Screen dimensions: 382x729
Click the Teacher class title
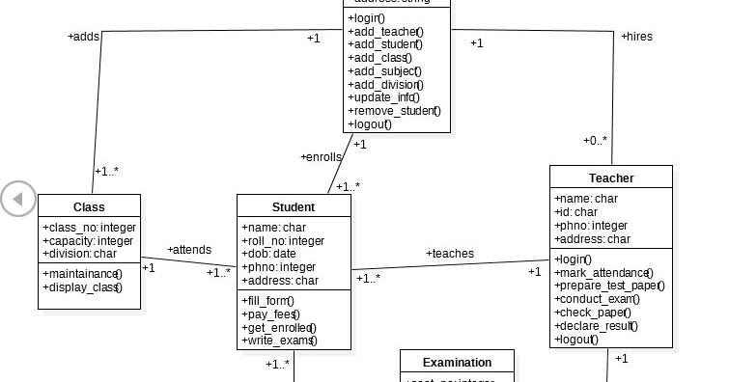tap(610, 177)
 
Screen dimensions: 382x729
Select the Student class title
tap(293, 206)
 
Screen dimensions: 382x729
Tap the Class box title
tap(89, 206)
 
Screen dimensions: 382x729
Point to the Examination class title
tap(457, 363)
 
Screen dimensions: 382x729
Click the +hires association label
tap(635, 37)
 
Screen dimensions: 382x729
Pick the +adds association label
tap(84, 37)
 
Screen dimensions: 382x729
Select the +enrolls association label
tap(321, 156)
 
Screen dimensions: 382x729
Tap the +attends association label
tap(189, 250)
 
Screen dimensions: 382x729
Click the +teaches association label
tap(450, 254)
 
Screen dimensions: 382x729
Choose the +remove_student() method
tap(393, 111)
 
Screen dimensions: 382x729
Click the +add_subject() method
tap(384, 70)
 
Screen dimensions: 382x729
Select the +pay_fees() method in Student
tap(269, 314)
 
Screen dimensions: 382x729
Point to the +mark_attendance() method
tap(604, 272)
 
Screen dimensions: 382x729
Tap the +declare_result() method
tap(597, 325)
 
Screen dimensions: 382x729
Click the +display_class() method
tap(83, 286)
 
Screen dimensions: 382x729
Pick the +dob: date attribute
tap(269, 254)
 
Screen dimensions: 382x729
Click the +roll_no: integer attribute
tap(283, 240)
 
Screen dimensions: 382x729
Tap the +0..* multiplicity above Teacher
tap(595, 141)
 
